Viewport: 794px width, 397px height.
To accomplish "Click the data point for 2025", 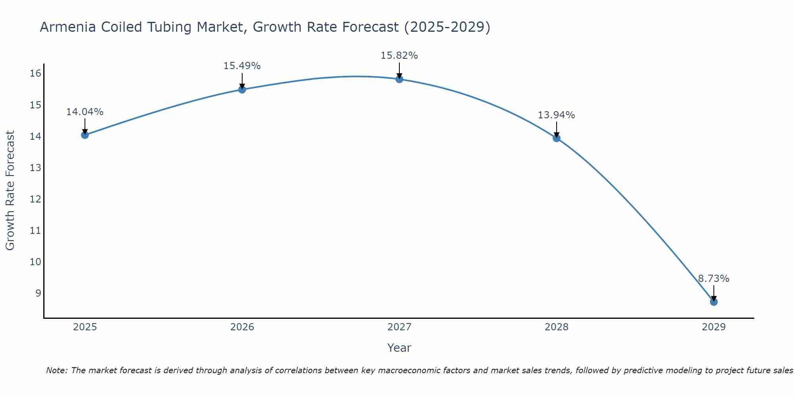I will pyautogui.click(x=85, y=135).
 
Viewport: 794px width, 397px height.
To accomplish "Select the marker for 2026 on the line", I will pyautogui.click(x=242, y=89).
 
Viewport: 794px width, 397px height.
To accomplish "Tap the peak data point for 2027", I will pyautogui.click(x=399, y=79).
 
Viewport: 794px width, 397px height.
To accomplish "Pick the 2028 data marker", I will pyautogui.click(x=556, y=138).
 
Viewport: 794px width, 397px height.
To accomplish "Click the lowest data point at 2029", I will pyautogui.click(x=713, y=302).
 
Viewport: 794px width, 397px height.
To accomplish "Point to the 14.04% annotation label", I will pyautogui.click(x=85, y=112).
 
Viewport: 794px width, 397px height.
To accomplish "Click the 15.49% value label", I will pyautogui.click(x=242, y=66).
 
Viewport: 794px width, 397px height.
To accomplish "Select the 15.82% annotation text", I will pyautogui.click(x=399, y=56).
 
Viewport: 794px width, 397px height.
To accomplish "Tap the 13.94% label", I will pyautogui.click(x=556, y=115).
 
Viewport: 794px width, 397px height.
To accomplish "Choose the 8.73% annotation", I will pyautogui.click(x=713, y=279).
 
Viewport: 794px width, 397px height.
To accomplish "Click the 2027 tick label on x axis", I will pyautogui.click(x=399, y=327).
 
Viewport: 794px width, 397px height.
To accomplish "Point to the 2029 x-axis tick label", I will pyautogui.click(x=713, y=327).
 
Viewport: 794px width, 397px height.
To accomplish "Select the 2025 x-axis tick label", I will pyautogui.click(x=85, y=327).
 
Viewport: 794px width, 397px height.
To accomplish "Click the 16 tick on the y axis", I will pyautogui.click(x=35, y=73).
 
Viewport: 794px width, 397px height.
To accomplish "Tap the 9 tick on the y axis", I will pyautogui.click(x=38, y=293).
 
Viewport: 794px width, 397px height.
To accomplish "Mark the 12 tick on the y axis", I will pyautogui.click(x=35, y=199).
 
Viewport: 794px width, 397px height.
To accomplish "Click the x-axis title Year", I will pyautogui.click(x=399, y=348).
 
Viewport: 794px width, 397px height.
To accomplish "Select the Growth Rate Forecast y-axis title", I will pyautogui.click(x=10, y=191).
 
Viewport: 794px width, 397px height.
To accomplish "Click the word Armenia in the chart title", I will pyautogui.click(x=67, y=27).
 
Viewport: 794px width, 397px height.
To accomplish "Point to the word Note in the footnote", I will pyautogui.click(x=57, y=370).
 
